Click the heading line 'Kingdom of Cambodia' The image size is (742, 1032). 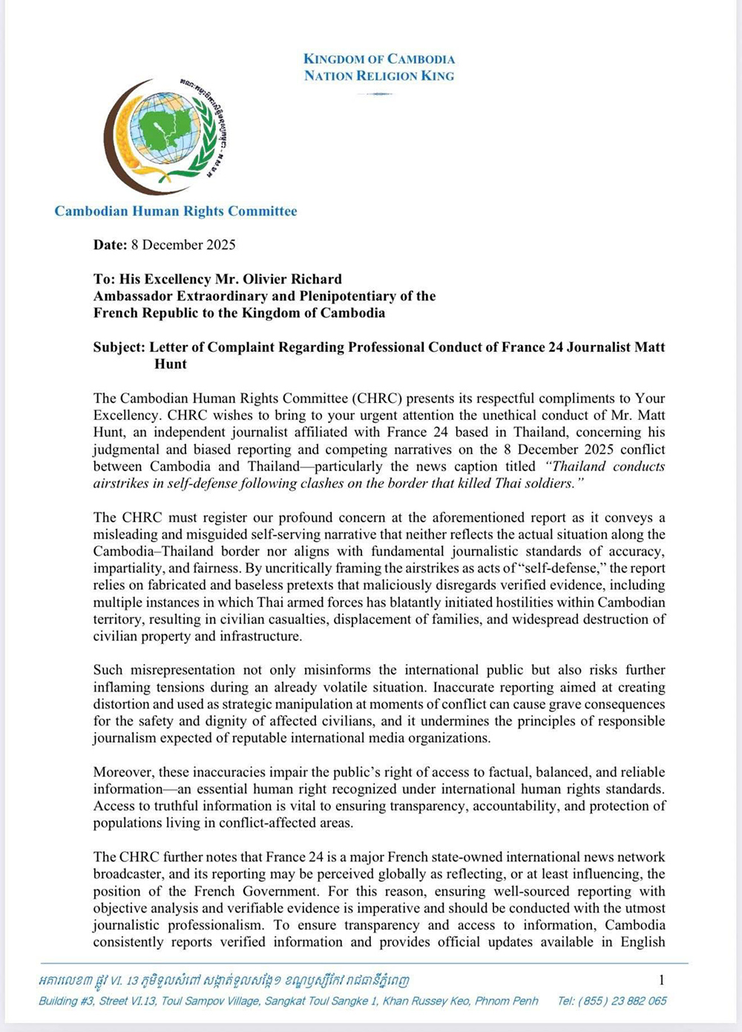point(379,59)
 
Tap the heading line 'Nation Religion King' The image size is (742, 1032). point(379,76)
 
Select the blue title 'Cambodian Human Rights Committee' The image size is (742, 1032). point(176,211)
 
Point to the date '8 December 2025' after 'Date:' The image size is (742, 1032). point(184,245)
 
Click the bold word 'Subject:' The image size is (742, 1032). point(119,347)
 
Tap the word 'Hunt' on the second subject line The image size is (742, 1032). point(171,364)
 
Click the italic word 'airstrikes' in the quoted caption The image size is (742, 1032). point(122,484)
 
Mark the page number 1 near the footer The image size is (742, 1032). point(662,980)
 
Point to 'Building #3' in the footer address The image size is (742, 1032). point(67,1001)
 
